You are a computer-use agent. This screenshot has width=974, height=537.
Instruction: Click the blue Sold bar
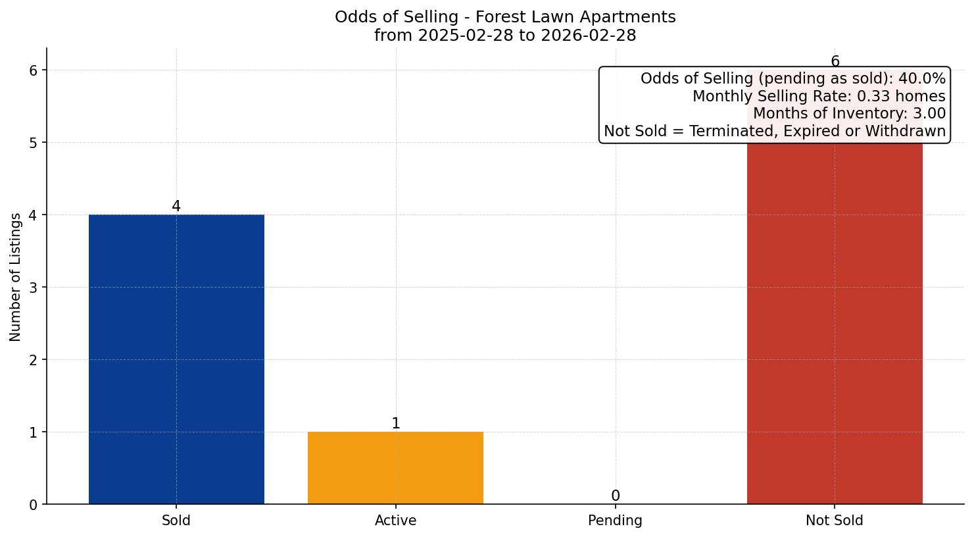tap(176, 359)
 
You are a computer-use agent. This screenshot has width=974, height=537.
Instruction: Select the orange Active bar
tap(395, 467)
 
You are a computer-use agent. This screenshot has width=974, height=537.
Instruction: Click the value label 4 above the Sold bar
tap(176, 206)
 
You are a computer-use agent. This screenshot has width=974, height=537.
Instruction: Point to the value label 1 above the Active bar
tap(396, 423)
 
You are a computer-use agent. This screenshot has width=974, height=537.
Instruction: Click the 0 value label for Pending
tap(615, 496)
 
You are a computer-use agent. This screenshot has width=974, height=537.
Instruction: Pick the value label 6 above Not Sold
tap(835, 61)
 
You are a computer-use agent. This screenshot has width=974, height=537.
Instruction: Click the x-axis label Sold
tap(176, 521)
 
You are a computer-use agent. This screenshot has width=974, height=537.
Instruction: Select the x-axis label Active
tap(395, 521)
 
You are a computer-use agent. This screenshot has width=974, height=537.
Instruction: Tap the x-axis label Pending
tap(615, 521)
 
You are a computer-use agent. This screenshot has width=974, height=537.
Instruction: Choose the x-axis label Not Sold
tap(835, 521)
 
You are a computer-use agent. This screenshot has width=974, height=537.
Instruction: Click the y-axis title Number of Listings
tap(16, 277)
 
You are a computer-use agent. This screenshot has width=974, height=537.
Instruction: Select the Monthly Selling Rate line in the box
tap(819, 97)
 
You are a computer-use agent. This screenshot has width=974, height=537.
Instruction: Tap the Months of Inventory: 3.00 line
tap(849, 114)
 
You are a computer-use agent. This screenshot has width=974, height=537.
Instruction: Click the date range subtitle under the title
tap(505, 36)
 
